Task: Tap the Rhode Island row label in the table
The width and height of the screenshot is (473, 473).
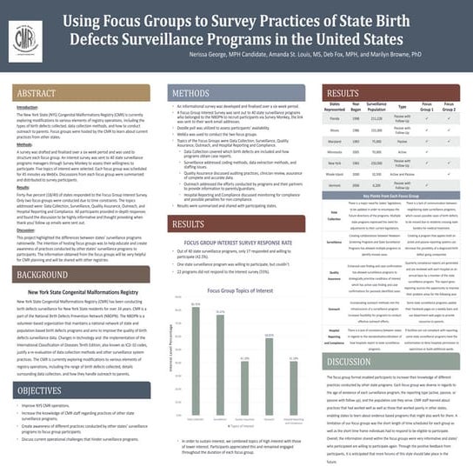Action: pyautogui.click(x=335, y=174)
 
